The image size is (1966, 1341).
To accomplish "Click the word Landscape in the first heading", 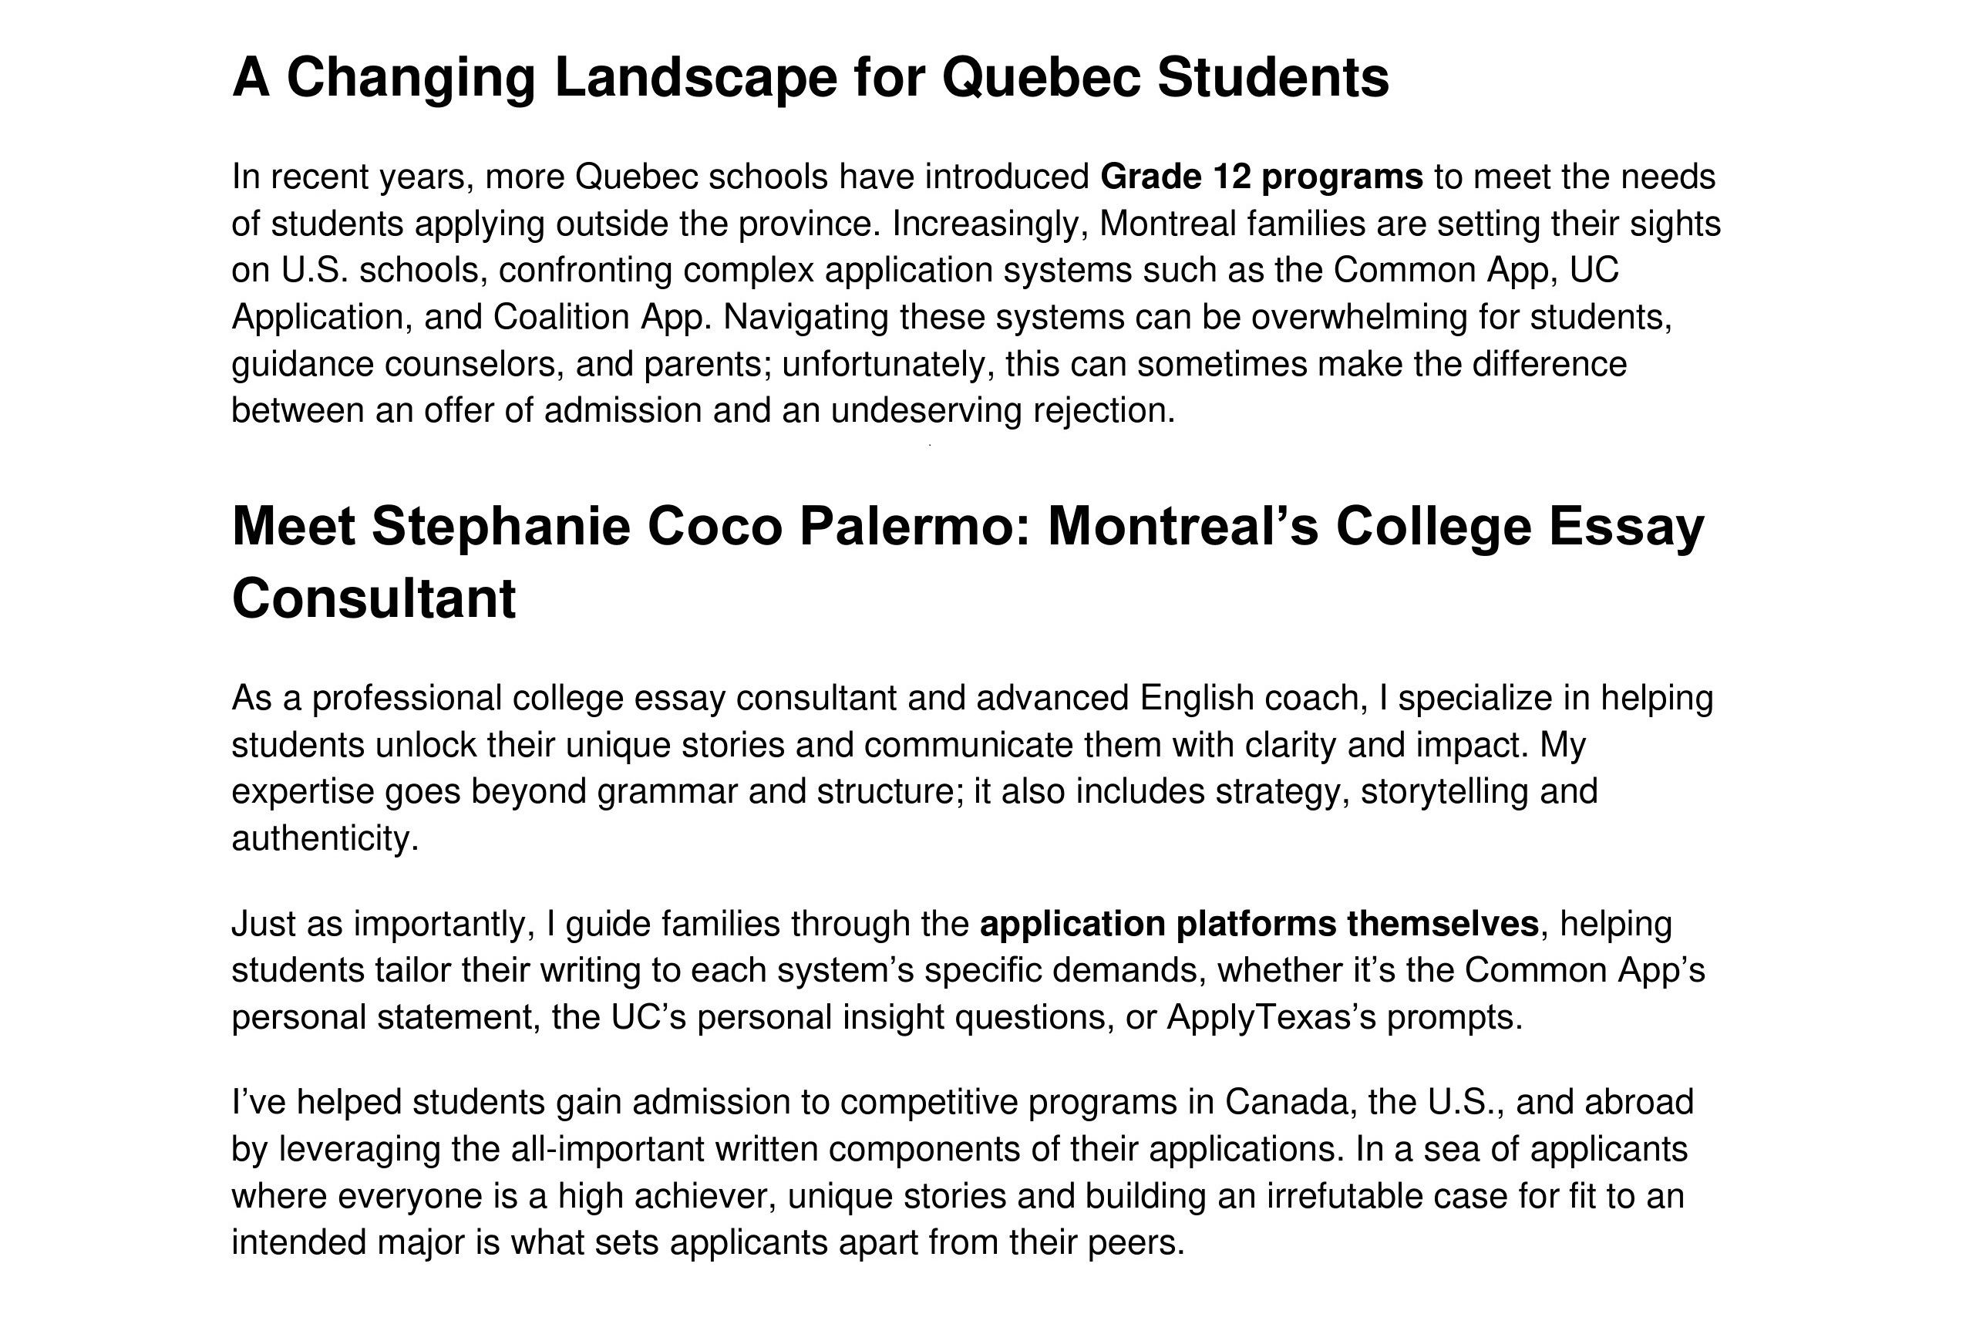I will [695, 78].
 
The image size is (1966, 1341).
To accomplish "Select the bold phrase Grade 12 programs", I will [1261, 177].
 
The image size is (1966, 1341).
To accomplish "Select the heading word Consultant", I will [373, 599].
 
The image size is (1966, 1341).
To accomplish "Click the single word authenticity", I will [324, 838].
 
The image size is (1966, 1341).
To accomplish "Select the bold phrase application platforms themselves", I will [1259, 924].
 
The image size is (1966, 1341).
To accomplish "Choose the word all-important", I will [608, 1150].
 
